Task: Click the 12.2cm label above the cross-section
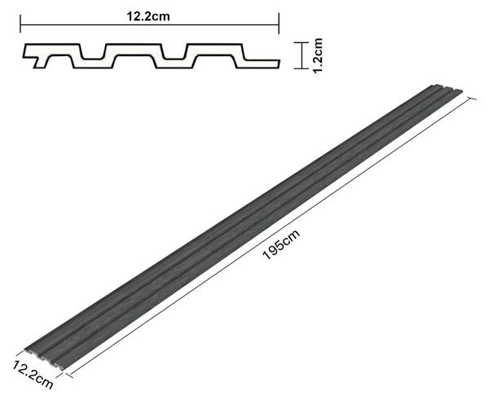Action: (148, 16)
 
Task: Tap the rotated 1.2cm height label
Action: (318, 55)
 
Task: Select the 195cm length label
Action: (281, 244)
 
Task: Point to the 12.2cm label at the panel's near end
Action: (33, 375)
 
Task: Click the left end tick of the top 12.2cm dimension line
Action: (20, 24)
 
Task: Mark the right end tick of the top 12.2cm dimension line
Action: (279, 24)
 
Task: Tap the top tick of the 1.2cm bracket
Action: (302, 42)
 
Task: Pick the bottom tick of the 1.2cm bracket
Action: (302, 68)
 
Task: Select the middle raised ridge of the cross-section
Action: (134, 50)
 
